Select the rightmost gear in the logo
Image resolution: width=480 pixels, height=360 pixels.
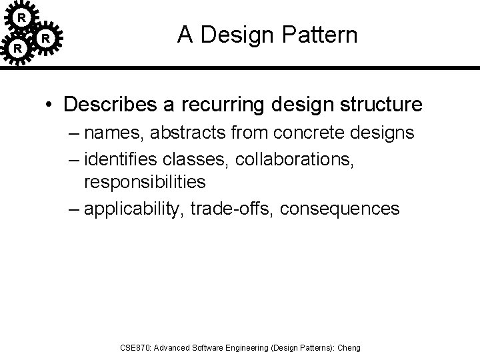(45, 39)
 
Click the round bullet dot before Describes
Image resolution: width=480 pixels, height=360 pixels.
(51, 105)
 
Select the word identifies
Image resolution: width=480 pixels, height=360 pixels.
(125, 159)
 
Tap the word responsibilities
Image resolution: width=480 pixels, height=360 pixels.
(145, 181)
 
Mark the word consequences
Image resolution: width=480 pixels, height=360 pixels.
(340, 209)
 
